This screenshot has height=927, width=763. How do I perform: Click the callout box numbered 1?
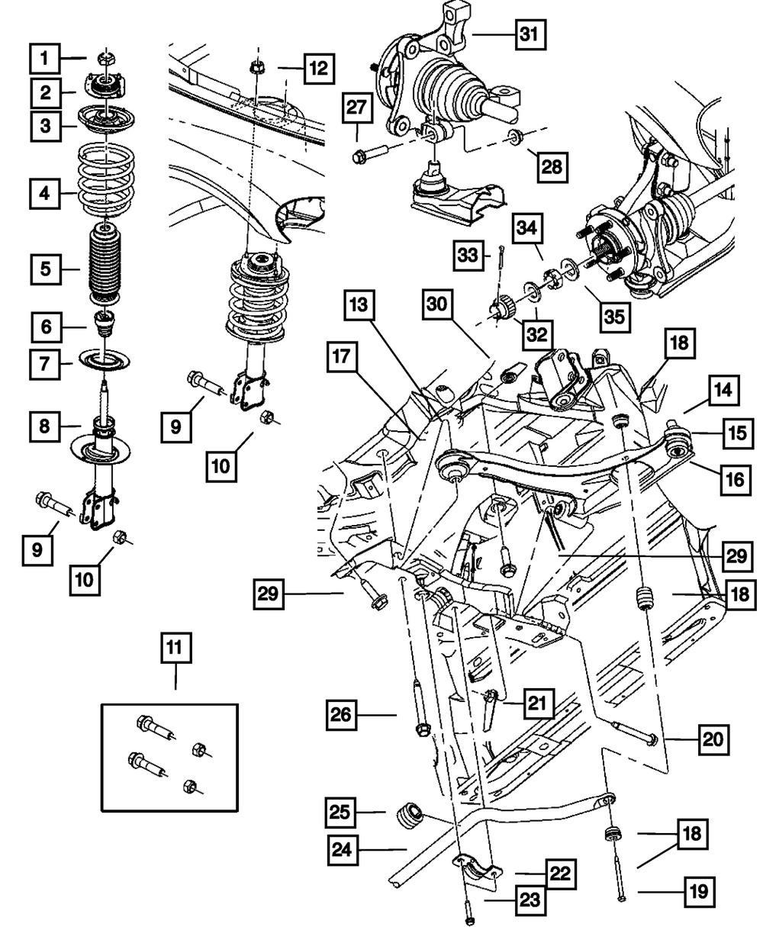pos(46,56)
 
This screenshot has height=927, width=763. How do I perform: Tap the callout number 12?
pos(317,69)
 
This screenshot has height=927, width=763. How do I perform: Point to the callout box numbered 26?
pos(343,715)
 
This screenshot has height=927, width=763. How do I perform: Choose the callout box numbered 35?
pos(614,313)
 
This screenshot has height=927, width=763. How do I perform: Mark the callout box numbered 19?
pos(699,890)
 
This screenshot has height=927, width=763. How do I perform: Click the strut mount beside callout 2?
pos(107,89)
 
